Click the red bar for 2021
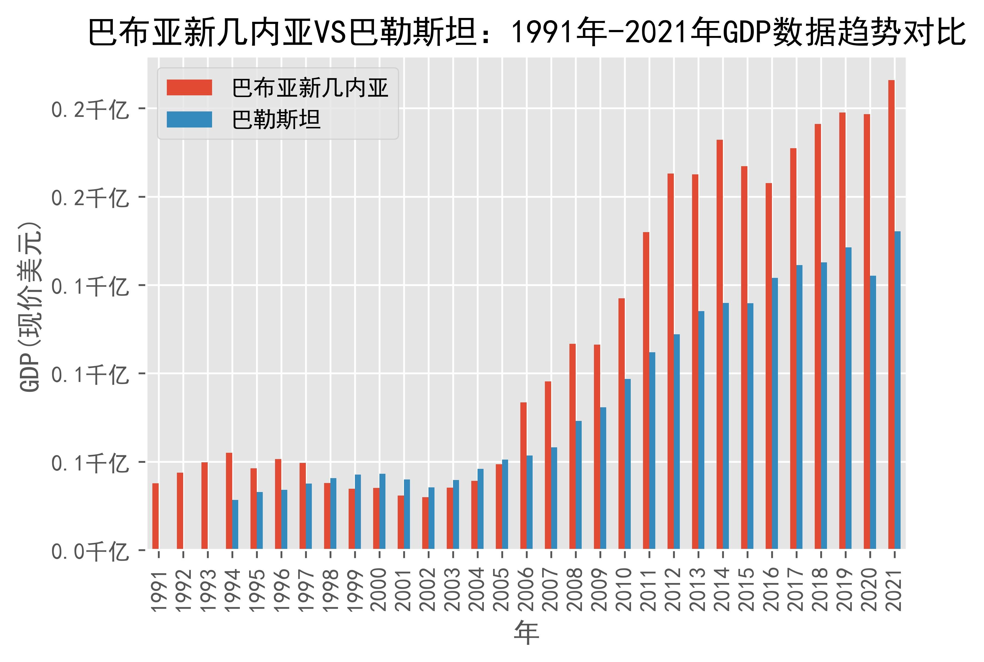[x=891, y=315]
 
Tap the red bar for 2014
[x=720, y=344]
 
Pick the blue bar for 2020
[x=873, y=412]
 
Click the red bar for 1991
[x=155, y=516]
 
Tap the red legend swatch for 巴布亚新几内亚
[x=189, y=87]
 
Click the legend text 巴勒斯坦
[x=277, y=120]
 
